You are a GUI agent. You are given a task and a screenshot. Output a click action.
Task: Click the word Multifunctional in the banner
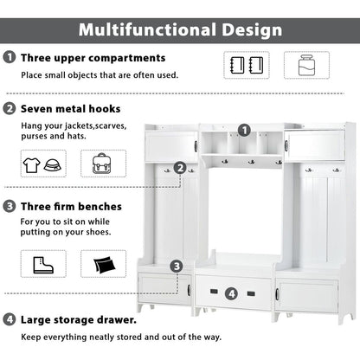(x=147, y=29)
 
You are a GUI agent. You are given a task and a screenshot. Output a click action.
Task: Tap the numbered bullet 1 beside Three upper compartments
(x=10, y=57)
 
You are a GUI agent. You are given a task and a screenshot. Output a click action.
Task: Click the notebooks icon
(x=247, y=65)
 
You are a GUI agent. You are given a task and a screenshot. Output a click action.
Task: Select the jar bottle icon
(x=306, y=65)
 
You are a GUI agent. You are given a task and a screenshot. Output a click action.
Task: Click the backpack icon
(x=103, y=164)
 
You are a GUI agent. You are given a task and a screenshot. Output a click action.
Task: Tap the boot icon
(x=43, y=265)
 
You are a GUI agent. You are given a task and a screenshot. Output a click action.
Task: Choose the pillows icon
(x=104, y=265)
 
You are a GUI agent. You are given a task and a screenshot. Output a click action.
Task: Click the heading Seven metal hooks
(x=71, y=109)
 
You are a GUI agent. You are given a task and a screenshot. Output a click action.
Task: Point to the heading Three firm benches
(x=71, y=207)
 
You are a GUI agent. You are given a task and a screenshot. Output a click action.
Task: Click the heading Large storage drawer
(x=79, y=320)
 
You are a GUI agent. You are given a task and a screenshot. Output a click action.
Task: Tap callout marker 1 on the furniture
(x=244, y=131)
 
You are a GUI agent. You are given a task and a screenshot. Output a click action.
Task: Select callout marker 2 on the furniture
(x=180, y=168)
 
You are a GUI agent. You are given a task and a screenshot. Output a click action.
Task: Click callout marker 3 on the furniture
(x=177, y=267)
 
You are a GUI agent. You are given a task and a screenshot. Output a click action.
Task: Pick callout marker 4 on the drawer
(x=231, y=294)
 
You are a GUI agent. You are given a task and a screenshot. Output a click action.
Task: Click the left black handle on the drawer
(x=214, y=292)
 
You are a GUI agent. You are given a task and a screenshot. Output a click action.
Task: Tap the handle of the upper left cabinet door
(x=196, y=146)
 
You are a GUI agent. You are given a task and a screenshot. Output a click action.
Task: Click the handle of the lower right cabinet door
(x=277, y=294)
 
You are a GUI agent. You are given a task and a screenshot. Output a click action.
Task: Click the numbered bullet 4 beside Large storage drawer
(x=10, y=319)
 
